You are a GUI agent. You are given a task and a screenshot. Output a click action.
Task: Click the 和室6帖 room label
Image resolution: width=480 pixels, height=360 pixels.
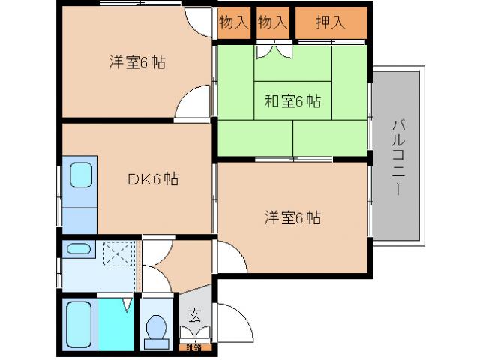pos(292,101)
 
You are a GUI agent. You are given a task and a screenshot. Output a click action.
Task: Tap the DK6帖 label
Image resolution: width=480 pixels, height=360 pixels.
pos(151,179)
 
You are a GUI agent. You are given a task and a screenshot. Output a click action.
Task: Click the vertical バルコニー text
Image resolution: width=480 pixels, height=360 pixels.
pos(397,157)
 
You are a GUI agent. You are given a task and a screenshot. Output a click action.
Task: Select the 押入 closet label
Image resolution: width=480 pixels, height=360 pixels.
pos(330,22)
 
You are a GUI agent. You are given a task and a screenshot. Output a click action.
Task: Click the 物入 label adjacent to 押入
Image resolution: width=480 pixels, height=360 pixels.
pos(272,22)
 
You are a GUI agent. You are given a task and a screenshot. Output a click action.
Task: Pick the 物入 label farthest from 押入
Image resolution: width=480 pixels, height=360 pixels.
pos(233,22)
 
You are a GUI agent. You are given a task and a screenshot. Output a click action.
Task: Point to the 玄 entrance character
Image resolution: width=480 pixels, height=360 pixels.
pos(193,315)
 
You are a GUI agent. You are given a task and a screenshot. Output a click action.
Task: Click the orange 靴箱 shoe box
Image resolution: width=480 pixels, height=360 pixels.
pos(193,347)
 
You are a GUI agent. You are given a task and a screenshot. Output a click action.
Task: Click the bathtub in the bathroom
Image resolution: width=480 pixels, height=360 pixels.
pos(78,323)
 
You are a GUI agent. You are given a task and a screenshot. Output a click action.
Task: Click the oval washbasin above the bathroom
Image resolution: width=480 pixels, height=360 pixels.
pos(78,248)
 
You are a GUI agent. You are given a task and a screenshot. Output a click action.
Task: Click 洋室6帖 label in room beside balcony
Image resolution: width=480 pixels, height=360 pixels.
pos(292,218)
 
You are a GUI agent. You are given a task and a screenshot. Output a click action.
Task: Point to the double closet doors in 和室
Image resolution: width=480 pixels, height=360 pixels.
pos(273,52)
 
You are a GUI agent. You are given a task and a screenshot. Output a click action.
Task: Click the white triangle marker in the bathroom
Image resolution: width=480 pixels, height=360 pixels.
pos(127,304)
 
